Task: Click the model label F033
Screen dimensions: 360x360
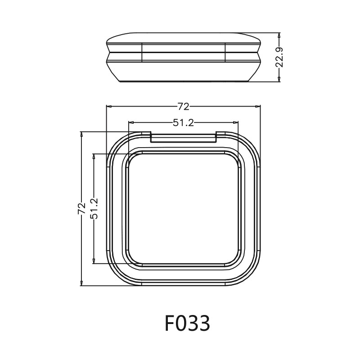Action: [187, 323]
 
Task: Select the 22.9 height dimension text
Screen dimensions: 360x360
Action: [279, 57]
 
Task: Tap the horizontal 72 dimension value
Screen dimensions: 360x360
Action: [183, 107]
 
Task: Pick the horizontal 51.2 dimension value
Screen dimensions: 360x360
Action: [183, 122]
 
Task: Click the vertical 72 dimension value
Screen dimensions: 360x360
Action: [81, 208]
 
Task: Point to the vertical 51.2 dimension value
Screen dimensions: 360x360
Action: [94, 208]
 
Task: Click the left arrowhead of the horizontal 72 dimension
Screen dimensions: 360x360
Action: [108, 107]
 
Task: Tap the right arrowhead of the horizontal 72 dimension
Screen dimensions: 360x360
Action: [258, 107]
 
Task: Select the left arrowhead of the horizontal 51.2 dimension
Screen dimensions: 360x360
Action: [131, 122]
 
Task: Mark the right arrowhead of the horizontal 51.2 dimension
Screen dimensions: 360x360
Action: [235, 122]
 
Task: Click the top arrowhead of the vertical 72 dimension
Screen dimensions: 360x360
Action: [81, 134]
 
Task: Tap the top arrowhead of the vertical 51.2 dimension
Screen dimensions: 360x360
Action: [94, 156]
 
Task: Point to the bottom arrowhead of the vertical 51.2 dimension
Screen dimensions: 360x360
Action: [94, 261]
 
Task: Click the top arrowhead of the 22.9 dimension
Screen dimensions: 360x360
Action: [279, 35]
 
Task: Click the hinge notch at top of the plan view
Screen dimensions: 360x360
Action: [183, 137]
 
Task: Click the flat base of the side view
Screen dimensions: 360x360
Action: [183, 81]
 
